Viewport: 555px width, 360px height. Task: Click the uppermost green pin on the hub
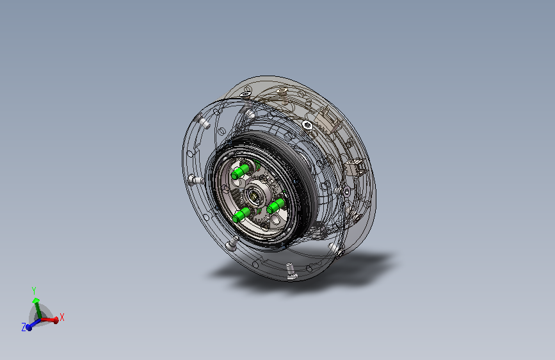(240, 172)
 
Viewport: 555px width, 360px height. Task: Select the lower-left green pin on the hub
(242, 215)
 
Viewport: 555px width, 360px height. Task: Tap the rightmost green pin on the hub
(276, 206)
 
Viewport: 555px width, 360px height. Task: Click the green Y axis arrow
(36, 307)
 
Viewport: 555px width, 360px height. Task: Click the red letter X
(62, 317)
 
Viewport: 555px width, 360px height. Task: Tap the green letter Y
(34, 291)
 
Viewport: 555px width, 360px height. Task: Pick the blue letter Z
(24, 327)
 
